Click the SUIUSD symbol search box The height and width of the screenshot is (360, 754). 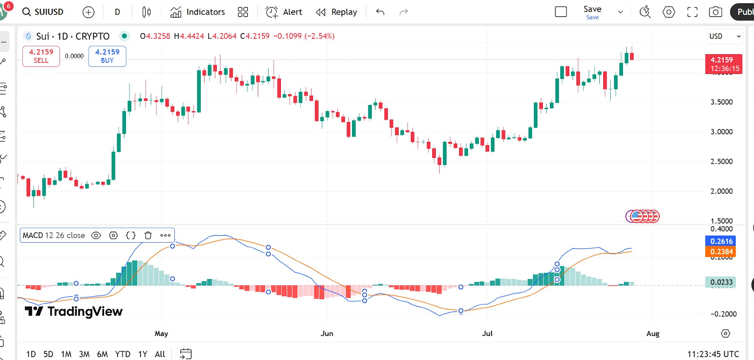point(43,12)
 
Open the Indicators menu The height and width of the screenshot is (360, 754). point(197,12)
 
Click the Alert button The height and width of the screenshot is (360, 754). point(284,12)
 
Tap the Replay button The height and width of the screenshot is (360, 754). point(336,12)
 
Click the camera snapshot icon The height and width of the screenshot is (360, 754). point(715,12)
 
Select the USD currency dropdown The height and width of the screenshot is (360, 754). point(724,36)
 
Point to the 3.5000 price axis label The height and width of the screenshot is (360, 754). point(721,102)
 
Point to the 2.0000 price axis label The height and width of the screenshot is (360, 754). point(721,191)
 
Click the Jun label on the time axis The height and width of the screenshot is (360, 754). point(327,334)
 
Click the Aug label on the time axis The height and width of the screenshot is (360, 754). point(653,334)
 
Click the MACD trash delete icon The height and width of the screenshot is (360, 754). point(148,235)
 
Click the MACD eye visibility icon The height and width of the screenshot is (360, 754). point(96,235)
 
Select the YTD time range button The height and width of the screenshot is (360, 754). point(123,354)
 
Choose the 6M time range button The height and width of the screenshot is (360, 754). point(102,354)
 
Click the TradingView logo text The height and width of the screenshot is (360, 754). point(74,311)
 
